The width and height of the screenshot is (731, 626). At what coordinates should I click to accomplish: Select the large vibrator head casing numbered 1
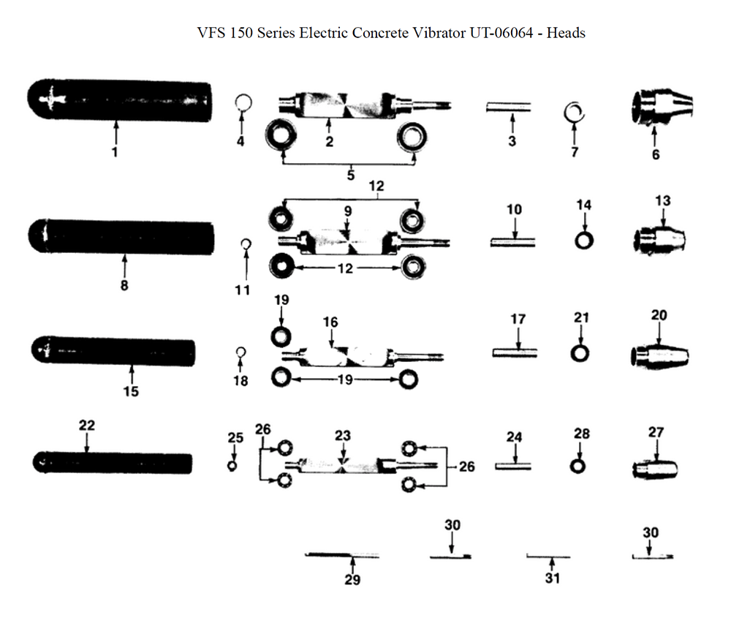[119, 99]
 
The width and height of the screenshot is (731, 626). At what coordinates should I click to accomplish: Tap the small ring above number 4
[242, 102]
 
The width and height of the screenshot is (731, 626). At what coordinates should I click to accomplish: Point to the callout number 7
[575, 152]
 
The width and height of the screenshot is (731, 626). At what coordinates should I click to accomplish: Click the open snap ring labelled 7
[575, 112]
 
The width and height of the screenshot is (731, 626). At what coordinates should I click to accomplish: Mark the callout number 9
[348, 211]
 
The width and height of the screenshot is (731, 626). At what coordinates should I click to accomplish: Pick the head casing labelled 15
[113, 350]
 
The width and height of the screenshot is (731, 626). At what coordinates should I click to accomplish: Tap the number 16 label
[330, 322]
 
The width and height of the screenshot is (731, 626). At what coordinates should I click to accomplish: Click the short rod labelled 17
[516, 352]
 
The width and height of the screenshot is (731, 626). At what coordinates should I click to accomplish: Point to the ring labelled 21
[580, 353]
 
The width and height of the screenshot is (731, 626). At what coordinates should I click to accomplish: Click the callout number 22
[87, 425]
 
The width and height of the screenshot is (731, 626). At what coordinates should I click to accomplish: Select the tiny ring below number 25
[232, 465]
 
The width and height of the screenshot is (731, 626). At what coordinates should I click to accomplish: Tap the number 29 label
[352, 580]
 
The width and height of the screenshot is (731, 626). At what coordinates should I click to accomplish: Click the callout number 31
[553, 578]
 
